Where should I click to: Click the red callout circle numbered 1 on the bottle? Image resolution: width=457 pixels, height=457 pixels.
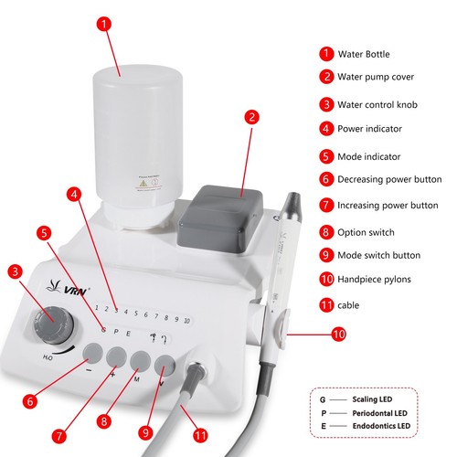(x=110, y=25)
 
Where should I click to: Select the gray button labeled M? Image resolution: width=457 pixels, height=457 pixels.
(x=139, y=359)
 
